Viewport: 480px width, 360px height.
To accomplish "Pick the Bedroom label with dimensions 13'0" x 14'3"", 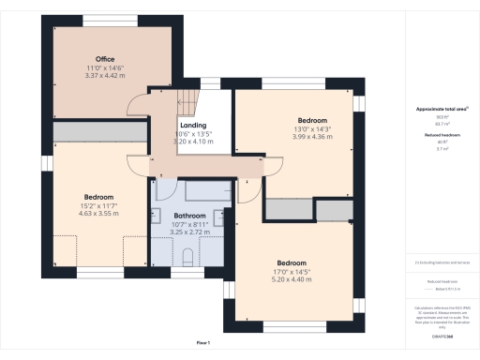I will pyautogui.click(x=312, y=121).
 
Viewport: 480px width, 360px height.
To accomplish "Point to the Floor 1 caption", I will pyautogui.click(x=203, y=344).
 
